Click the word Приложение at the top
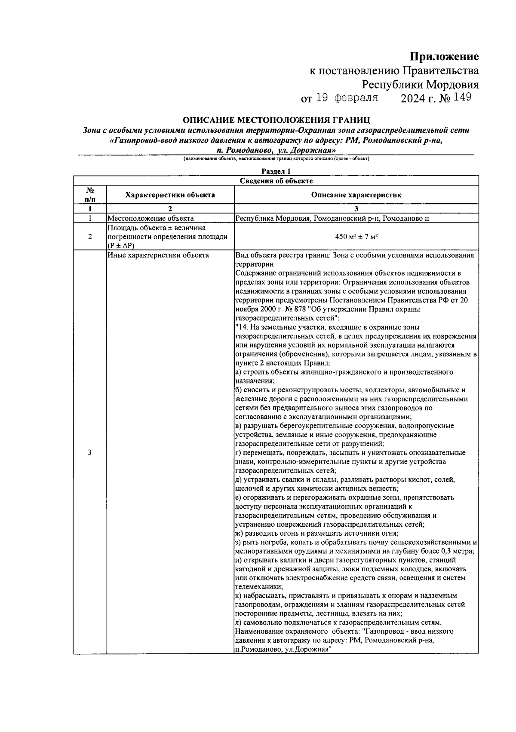[x=444, y=57]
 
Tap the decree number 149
[x=462, y=98]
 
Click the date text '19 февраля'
[x=347, y=98]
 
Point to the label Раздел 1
[x=276, y=171]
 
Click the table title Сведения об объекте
[x=276, y=181]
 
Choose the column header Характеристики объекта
[x=170, y=195]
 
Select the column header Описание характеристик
[x=356, y=195]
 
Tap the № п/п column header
[x=90, y=195]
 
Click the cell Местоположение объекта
[x=150, y=218]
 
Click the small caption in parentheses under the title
[x=276, y=158]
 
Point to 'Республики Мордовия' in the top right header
[x=420, y=84]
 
